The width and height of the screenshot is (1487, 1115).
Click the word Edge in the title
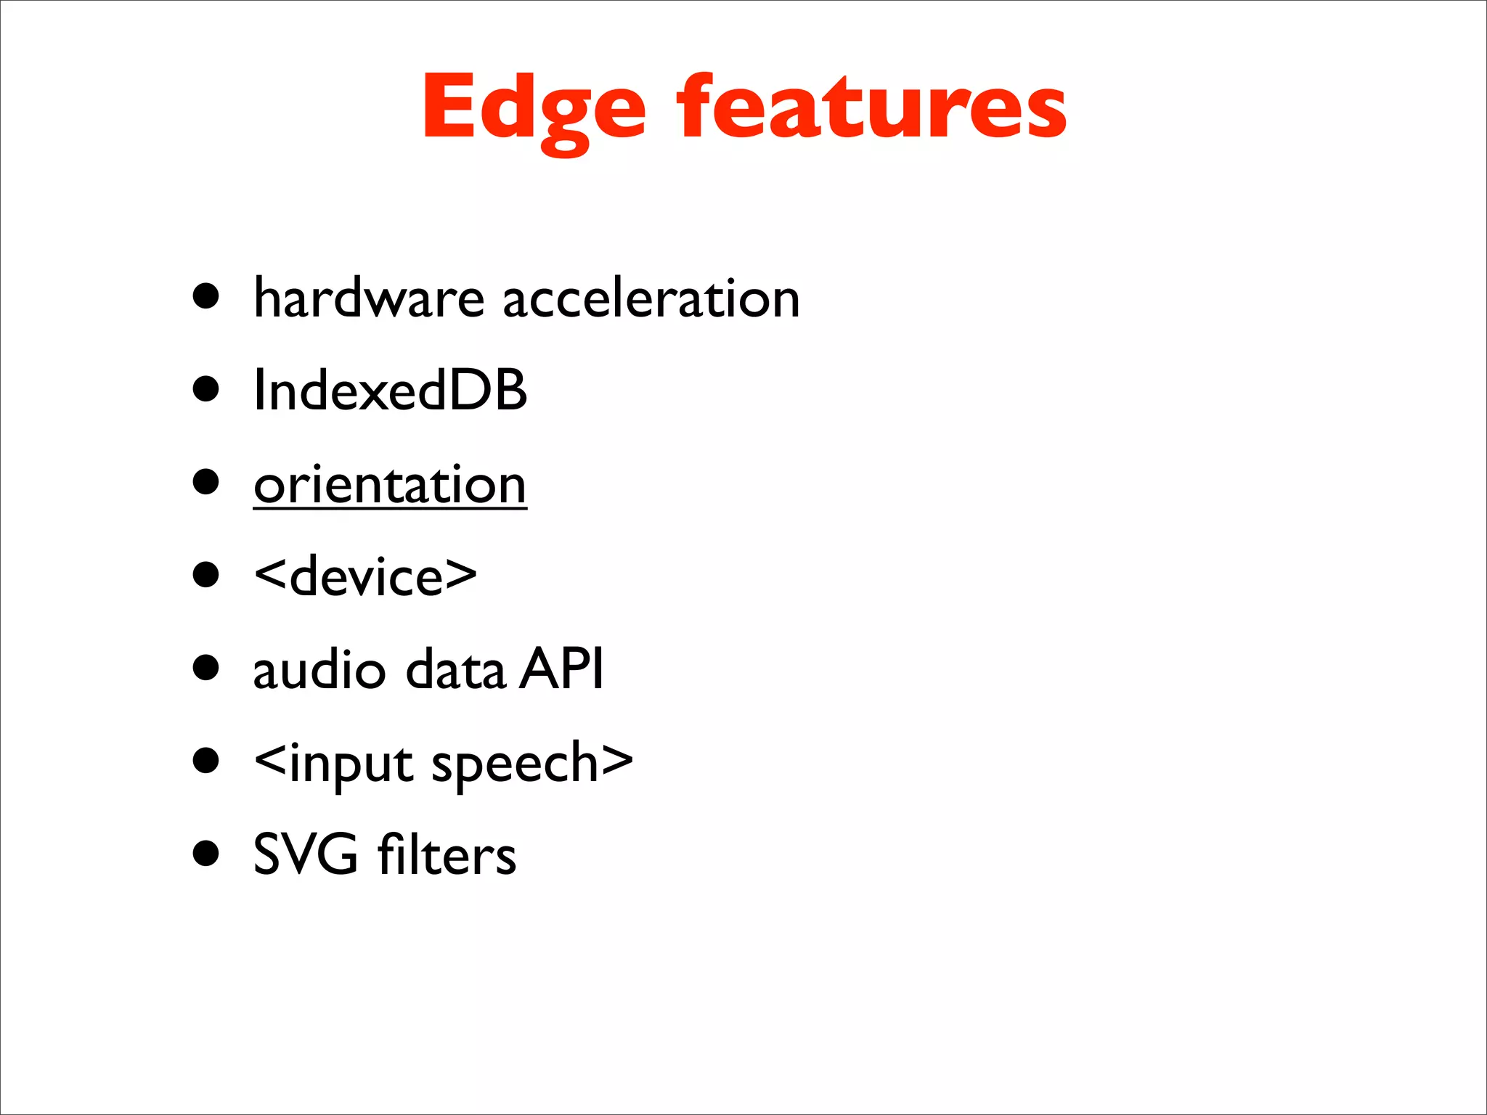(x=534, y=109)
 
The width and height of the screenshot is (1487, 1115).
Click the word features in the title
(x=871, y=109)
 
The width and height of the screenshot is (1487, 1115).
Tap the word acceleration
(x=651, y=299)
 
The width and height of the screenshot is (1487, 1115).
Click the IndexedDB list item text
(x=390, y=391)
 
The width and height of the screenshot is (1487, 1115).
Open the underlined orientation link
(x=390, y=485)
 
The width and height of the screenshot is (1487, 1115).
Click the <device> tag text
(x=365, y=577)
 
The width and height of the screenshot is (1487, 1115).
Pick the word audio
(x=319, y=669)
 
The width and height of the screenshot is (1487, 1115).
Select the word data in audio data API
(x=455, y=669)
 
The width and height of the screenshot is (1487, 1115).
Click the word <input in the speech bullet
(x=335, y=764)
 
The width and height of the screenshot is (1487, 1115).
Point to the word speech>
(x=532, y=764)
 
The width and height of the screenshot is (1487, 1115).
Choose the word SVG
(x=306, y=854)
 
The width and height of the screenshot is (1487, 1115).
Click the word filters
(x=447, y=854)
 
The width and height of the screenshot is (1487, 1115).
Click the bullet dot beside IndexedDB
(x=206, y=388)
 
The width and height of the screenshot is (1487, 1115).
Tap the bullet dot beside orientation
(x=206, y=481)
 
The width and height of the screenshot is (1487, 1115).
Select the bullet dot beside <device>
(x=206, y=574)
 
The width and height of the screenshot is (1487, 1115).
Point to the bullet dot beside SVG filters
(x=206, y=853)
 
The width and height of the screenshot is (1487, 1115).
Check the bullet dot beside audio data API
(x=206, y=667)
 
